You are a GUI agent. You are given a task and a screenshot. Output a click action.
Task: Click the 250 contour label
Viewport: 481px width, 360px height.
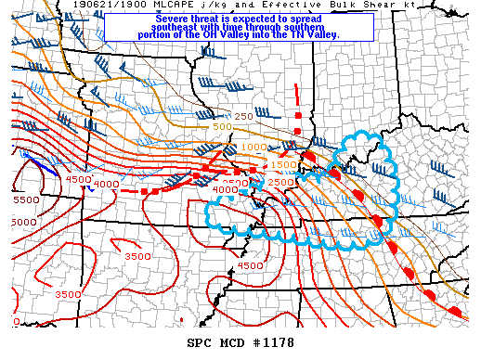tap(243, 116)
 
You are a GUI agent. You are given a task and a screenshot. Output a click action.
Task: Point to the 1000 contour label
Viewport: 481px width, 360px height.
tap(253, 148)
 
